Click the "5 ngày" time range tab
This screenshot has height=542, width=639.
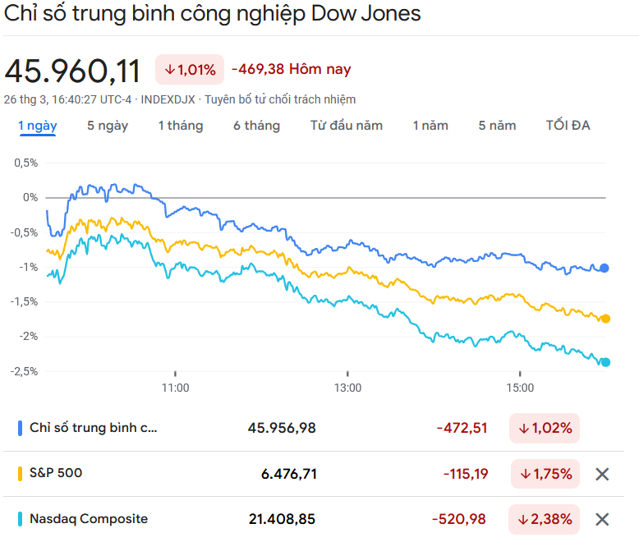[x=108, y=126]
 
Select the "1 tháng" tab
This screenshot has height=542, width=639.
[x=181, y=126]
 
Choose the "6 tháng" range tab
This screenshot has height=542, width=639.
[x=256, y=126]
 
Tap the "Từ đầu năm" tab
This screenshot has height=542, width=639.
[x=347, y=126]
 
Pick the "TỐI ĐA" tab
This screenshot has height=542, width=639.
[x=568, y=126]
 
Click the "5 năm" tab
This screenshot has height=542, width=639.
[x=497, y=126]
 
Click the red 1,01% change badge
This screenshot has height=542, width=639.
[x=190, y=70]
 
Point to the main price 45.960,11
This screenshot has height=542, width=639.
[x=73, y=71]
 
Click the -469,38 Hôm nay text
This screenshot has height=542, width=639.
[x=291, y=70]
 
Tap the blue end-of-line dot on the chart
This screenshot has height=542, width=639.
[x=605, y=268]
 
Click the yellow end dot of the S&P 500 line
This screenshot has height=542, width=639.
[x=605, y=319]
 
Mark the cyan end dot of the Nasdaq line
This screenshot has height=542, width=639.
[x=605, y=362]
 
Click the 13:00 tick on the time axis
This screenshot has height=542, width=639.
[x=347, y=387]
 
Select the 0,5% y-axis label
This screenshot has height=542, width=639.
[x=25, y=163]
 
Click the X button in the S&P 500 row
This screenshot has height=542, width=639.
[x=602, y=474]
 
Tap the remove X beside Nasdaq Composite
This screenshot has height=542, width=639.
[x=602, y=519]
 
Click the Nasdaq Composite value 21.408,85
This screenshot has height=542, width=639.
[x=282, y=519]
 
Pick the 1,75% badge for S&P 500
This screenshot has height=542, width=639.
[x=545, y=474]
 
